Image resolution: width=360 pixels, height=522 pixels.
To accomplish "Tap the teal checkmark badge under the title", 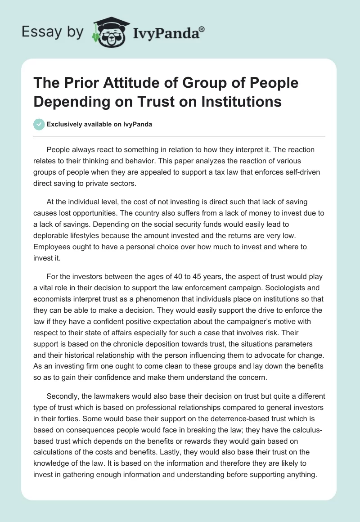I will [x=39, y=124].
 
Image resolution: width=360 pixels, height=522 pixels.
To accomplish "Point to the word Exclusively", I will [x=64, y=125].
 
